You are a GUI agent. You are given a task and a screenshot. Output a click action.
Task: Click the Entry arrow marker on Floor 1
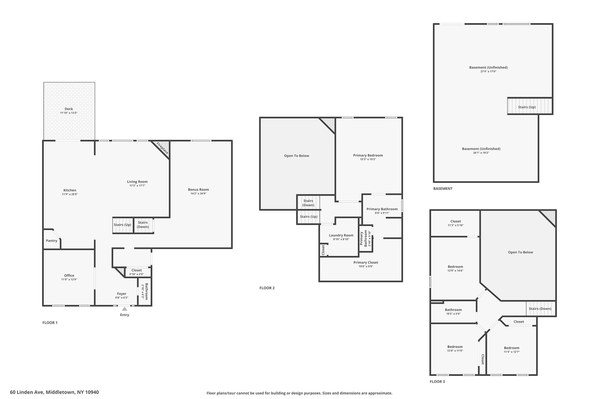(x=125, y=309)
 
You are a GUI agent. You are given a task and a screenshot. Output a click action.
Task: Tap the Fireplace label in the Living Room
(x=162, y=148)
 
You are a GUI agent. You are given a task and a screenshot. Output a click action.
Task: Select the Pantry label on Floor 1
(x=51, y=241)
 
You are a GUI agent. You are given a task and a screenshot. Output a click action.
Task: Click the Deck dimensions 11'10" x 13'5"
(x=69, y=113)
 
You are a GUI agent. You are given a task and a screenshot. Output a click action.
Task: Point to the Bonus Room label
(x=198, y=189)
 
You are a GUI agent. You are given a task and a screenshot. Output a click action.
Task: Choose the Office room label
(x=69, y=275)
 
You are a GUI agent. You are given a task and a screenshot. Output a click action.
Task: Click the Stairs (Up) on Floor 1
(x=123, y=225)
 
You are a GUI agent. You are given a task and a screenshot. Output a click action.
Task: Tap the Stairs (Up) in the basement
(x=529, y=106)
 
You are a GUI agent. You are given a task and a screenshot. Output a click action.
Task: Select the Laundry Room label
(x=341, y=235)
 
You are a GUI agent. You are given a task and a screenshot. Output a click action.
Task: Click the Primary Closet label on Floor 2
(x=366, y=262)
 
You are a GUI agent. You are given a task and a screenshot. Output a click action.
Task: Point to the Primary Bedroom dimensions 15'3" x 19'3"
(x=368, y=159)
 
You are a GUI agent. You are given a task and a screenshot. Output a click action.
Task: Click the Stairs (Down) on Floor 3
(x=541, y=309)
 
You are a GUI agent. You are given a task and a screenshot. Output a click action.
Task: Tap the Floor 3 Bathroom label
(x=453, y=310)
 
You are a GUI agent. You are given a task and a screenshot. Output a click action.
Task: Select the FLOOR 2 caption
(x=267, y=288)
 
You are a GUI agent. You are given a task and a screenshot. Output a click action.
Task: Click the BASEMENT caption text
(x=443, y=189)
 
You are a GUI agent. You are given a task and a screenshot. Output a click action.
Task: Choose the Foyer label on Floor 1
(x=122, y=294)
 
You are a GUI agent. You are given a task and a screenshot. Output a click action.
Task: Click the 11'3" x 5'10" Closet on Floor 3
(x=456, y=221)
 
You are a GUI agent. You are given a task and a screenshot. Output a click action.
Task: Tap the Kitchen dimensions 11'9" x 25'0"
(x=70, y=194)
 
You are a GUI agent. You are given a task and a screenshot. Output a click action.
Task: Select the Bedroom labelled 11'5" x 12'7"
(x=512, y=348)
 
